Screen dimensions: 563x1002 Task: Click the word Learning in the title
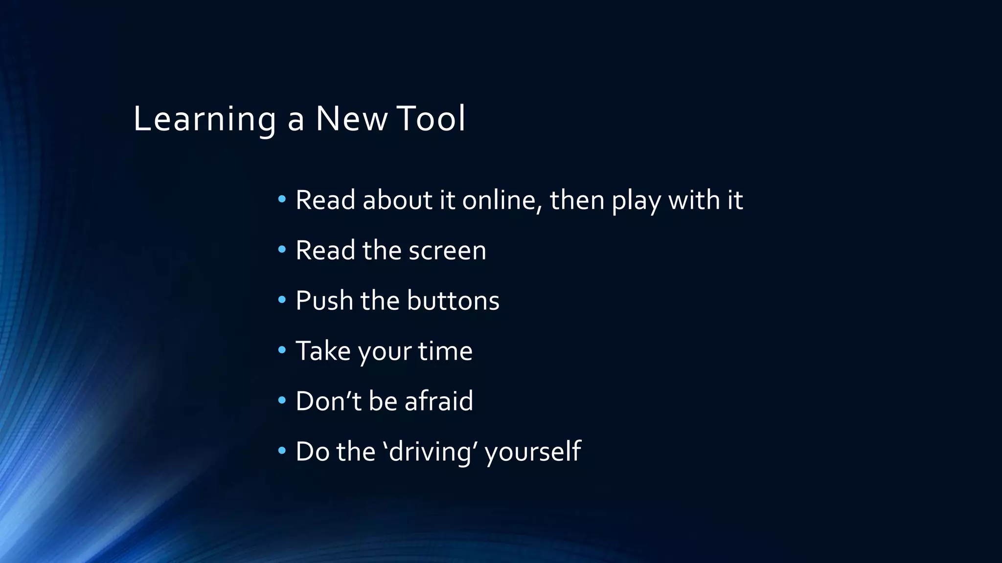205,119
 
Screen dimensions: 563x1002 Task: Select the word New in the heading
351,119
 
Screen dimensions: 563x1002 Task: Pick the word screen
447,251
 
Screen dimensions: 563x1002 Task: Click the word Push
324,301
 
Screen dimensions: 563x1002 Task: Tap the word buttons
453,301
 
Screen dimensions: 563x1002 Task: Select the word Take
323,351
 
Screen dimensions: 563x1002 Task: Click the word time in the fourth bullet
445,351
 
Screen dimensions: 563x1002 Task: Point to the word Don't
328,401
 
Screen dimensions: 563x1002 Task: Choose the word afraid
439,401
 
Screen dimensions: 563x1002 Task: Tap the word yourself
533,452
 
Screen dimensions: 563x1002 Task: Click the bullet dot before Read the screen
282,249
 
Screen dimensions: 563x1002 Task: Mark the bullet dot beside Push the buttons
282,299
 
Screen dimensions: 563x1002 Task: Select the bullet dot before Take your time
282,349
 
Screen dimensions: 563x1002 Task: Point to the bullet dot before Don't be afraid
282,400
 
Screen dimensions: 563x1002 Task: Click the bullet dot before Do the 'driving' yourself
282,450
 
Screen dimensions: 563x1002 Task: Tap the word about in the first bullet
398,200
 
